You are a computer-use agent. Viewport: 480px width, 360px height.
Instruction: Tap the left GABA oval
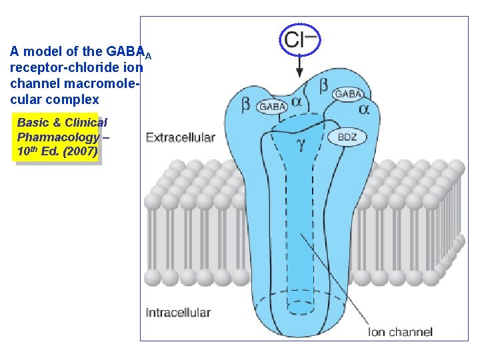[273, 106]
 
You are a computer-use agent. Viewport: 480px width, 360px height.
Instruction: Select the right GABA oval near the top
[348, 94]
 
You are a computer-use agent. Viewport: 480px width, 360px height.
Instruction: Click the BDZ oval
[347, 137]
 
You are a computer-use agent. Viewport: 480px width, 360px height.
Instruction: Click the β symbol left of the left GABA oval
[246, 105]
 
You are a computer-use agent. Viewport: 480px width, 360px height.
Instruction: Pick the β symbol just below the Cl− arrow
[323, 85]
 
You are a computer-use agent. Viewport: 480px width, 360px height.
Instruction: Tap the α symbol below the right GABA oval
[364, 109]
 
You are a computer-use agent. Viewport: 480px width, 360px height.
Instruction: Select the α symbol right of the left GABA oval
[297, 103]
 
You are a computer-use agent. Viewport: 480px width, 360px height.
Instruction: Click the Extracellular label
[180, 138]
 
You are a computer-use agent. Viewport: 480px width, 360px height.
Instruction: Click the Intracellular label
[179, 312]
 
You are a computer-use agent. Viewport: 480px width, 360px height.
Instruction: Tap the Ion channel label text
[400, 332]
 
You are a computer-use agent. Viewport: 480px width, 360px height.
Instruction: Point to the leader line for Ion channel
[333, 280]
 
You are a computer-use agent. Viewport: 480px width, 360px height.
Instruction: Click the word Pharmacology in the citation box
[57, 137]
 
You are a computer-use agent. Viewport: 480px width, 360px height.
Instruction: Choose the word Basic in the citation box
[31, 123]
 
